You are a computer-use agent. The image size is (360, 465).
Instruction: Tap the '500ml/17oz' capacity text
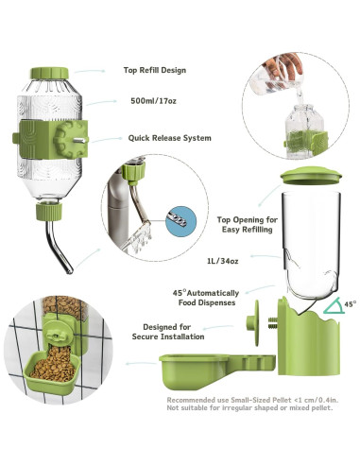coord(152,100)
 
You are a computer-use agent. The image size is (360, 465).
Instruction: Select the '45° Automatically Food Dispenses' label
coord(205,299)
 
